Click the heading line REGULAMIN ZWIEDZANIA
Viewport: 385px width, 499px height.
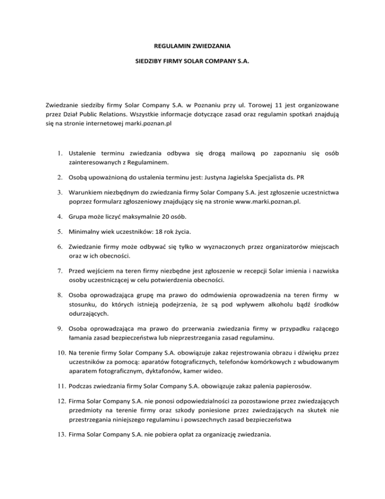pyautogui.click(x=192, y=46)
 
